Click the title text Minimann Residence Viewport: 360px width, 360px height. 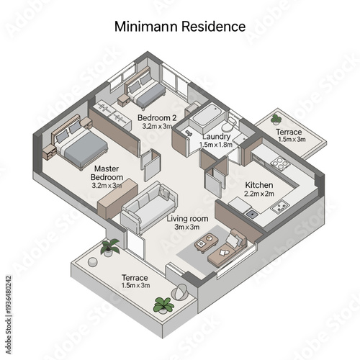(180, 27)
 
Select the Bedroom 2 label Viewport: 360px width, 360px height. (157, 117)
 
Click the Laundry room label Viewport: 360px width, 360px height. (216, 136)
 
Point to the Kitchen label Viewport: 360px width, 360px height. (259, 184)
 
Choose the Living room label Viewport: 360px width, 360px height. (187, 218)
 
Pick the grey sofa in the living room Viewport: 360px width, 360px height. (148, 205)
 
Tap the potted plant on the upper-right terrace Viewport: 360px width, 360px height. (276, 119)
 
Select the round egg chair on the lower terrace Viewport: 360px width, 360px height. (182, 292)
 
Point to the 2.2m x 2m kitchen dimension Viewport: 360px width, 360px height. (259, 194)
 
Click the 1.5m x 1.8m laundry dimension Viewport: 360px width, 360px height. (216, 145)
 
